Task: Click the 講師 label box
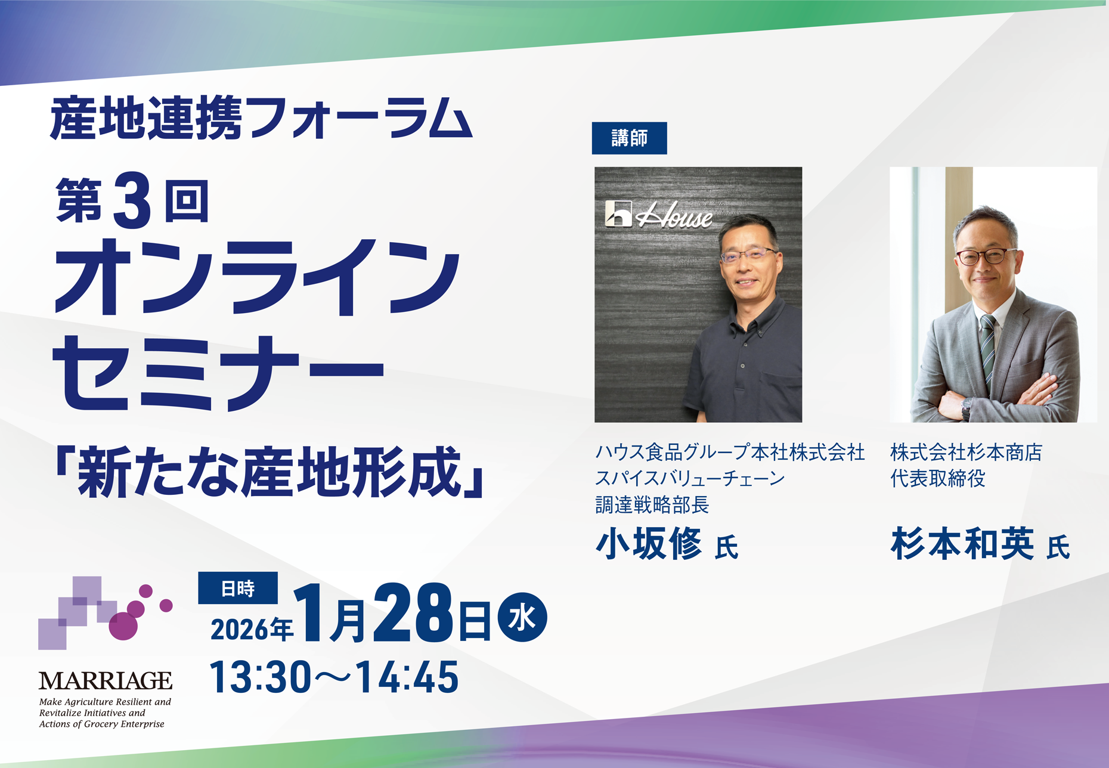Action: point(629,138)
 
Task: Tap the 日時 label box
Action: point(238,588)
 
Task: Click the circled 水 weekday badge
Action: point(522,617)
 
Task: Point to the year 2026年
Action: point(252,629)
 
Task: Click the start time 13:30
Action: point(261,677)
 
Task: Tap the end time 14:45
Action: point(408,677)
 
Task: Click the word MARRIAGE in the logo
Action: point(106,681)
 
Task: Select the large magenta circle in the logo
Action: point(123,626)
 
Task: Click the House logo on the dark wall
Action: point(658,215)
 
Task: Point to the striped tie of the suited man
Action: point(987,352)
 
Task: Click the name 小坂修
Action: point(649,544)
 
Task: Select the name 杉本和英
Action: point(962,544)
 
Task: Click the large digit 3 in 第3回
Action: point(132,200)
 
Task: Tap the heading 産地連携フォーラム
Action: point(261,118)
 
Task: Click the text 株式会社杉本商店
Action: point(966,453)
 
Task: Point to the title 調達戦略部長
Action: point(652,505)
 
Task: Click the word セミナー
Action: point(218,373)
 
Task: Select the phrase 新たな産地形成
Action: point(269,472)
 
